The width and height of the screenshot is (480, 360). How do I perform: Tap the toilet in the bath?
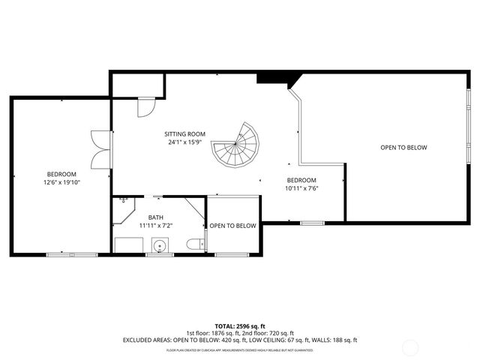click(193, 244)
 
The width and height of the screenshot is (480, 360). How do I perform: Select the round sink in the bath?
click(159, 245)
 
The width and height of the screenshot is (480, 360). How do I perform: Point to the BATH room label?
click(155, 217)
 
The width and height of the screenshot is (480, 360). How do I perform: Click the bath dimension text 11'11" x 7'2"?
click(155, 225)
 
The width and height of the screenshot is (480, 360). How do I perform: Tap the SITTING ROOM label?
click(185, 134)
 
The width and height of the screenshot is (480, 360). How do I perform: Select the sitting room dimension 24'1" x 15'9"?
click(185, 142)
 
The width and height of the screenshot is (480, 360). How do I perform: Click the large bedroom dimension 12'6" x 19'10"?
click(61, 181)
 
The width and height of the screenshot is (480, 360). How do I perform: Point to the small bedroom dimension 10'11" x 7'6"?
click(302, 189)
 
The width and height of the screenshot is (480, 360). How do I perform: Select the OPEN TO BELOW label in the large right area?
click(403, 148)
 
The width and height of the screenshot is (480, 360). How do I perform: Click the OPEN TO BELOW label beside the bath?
click(232, 226)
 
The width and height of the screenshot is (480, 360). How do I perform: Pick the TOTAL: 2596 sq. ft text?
click(240, 326)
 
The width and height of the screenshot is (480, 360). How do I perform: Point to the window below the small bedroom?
click(312, 223)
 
